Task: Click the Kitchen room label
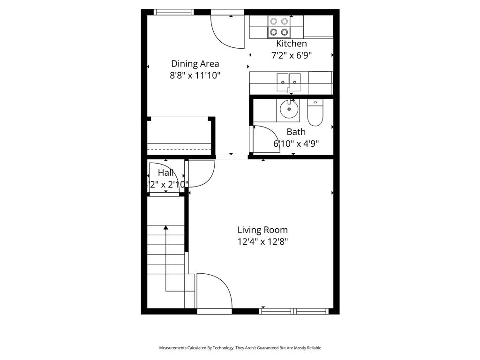coord(291,44)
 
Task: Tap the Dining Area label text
coord(195,64)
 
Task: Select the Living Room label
coord(262,230)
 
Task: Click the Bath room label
coord(296,132)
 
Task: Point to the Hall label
coord(165,172)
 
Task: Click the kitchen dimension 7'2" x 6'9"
coord(291,55)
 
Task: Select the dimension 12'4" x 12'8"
coord(262,242)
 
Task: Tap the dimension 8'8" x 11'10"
coord(195,75)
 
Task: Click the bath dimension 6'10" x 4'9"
coord(296,143)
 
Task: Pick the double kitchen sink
coord(288,81)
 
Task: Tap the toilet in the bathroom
coord(315,113)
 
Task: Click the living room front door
coord(214,292)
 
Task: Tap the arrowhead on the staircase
coord(166,228)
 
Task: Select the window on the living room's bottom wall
coord(293,311)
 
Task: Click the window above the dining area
coord(173,12)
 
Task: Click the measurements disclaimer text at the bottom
coord(240,348)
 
